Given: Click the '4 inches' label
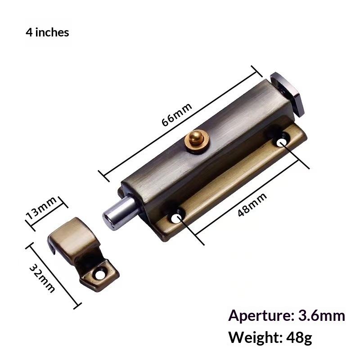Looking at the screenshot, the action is click(47, 32).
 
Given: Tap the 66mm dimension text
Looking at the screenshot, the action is click(176, 114).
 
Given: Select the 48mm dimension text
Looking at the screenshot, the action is click(252, 205).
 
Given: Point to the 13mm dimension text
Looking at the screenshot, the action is click(41, 208).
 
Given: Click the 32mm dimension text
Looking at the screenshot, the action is click(42, 278).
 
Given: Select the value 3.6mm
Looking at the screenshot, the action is click(322, 316).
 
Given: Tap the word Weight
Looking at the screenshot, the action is click(256, 337).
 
